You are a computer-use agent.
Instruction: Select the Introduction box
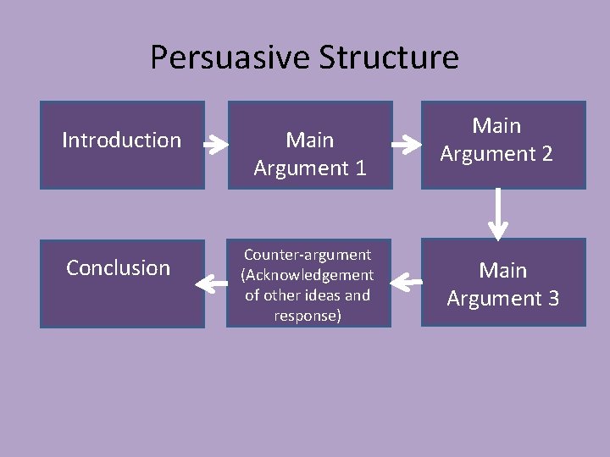pyautogui.click(x=122, y=145)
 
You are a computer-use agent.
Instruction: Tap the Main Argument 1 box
pyautogui.click(x=309, y=145)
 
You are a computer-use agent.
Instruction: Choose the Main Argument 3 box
pyautogui.click(x=503, y=283)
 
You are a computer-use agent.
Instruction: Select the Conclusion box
pyautogui.click(x=122, y=284)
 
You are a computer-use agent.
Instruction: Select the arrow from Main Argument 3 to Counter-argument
pyautogui.click(x=410, y=284)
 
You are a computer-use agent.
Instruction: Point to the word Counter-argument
pyautogui.click(x=308, y=255)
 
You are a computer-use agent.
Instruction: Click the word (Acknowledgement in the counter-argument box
pyautogui.click(x=308, y=275)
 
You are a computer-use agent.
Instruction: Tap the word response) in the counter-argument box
pyautogui.click(x=308, y=316)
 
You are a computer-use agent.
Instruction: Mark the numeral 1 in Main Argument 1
pyautogui.click(x=359, y=168)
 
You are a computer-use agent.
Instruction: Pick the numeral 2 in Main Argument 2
pyautogui.click(x=546, y=154)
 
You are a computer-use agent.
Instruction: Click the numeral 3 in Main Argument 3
pyautogui.click(x=551, y=299)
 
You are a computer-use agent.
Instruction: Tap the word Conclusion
pyautogui.click(x=119, y=268)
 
